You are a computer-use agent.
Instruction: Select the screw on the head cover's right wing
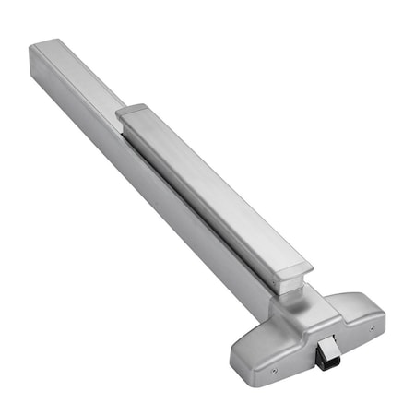coord(371,328)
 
